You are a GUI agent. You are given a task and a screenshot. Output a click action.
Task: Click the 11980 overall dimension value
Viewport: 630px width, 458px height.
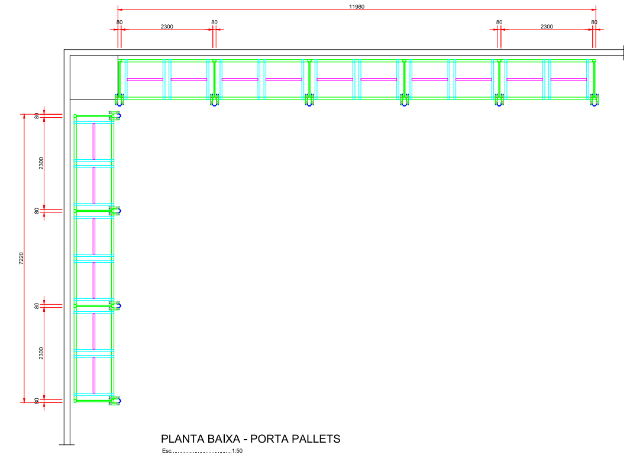(x=356, y=7)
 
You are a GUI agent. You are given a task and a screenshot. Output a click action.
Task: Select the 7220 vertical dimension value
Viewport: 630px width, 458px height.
(x=21, y=259)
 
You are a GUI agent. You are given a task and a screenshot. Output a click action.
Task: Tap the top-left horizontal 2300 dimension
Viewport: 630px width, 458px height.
(x=167, y=27)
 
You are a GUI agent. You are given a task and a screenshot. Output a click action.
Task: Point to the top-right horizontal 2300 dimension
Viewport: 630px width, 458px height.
(x=547, y=27)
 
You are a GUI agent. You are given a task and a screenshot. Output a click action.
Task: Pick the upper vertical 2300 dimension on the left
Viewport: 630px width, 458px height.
(x=41, y=163)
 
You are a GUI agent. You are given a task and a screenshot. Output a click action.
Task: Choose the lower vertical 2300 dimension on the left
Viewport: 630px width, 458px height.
(x=41, y=353)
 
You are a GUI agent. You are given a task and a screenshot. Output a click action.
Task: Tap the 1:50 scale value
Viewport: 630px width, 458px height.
(x=237, y=451)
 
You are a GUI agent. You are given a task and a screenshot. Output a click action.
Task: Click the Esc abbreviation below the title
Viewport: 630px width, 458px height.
(x=167, y=451)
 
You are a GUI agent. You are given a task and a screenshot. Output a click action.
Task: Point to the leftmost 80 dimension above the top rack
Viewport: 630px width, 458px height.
(x=119, y=22)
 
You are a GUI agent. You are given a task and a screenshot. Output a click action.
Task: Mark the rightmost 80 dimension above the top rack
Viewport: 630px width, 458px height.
(x=594, y=22)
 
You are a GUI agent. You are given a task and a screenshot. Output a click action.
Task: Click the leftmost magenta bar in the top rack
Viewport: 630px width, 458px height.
(x=145, y=79)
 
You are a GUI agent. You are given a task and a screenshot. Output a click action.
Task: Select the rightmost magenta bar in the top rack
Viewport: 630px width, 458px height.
(x=568, y=79)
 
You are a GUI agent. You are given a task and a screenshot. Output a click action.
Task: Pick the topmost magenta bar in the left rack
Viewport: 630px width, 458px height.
(x=94, y=141)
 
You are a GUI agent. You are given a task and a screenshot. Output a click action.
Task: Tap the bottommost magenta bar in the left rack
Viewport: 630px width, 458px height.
(x=94, y=375)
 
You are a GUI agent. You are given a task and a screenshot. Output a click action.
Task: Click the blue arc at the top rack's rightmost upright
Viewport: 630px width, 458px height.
(x=594, y=105)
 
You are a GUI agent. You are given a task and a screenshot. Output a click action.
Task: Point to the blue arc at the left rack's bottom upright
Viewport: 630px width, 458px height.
(x=120, y=401)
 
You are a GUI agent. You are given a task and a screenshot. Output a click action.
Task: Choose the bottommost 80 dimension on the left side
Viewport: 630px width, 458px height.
(x=37, y=401)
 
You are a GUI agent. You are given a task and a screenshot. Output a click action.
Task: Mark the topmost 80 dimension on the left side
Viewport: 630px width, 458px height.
(x=37, y=116)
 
